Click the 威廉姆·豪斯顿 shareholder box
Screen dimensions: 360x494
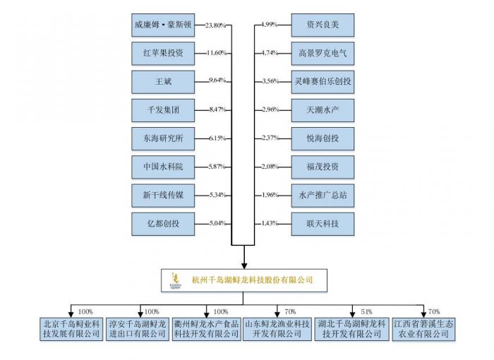[x=163, y=25]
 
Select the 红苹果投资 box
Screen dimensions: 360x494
[x=163, y=53]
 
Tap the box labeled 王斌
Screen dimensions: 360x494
[x=163, y=80]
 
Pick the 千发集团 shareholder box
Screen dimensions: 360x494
[x=163, y=109]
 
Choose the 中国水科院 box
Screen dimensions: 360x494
[x=163, y=167]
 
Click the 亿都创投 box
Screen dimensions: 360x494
[x=163, y=224]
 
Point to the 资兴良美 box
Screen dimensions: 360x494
[x=323, y=25]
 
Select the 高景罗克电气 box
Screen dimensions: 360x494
[x=323, y=53]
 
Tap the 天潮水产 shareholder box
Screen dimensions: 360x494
[x=323, y=109]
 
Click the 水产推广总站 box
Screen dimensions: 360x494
[x=323, y=195]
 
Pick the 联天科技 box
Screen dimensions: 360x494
[x=323, y=224]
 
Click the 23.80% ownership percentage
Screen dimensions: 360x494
[x=215, y=25]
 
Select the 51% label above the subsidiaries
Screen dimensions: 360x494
[x=366, y=311]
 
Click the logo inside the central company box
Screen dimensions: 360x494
[x=176, y=281]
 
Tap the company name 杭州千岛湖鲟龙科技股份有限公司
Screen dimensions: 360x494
[x=252, y=280]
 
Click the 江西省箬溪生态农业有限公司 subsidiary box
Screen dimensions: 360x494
[x=422, y=328]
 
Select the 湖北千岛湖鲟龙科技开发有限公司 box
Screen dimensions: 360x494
[x=351, y=328]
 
